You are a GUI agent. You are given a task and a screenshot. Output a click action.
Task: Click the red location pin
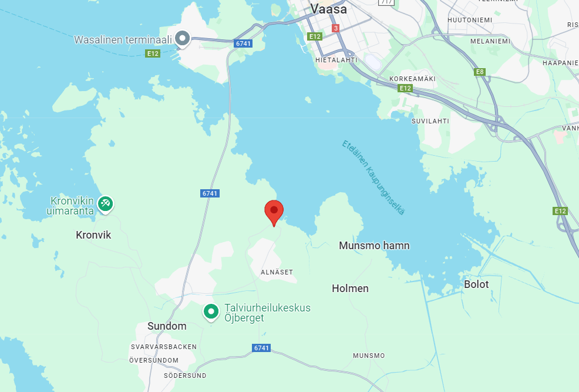tap(274, 211)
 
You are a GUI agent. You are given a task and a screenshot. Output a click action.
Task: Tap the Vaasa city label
tap(329, 9)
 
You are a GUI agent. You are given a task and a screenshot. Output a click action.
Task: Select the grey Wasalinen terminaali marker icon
tap(183, 39)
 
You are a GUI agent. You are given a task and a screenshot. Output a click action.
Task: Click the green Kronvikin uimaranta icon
tap(106, 203)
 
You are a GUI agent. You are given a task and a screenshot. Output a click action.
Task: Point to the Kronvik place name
tap(93, 235)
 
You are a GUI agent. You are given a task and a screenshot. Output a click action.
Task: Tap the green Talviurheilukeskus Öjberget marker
tap(211, 311)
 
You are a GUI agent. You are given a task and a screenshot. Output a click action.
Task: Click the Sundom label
tap(167, 326)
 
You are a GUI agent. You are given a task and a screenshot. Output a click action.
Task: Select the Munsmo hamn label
tap(374, 246)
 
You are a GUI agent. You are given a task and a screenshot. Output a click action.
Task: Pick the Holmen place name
tap(350, 289)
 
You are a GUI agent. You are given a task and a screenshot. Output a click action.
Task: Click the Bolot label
tap(476, 284)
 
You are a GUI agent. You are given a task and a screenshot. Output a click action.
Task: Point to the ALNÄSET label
tap(277, 272)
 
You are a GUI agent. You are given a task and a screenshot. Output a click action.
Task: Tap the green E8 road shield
tap(480, 72)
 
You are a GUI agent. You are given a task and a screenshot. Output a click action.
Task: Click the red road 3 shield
tap(335, 28)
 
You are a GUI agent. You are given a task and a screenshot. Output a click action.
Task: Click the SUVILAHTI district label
tap(430, 121)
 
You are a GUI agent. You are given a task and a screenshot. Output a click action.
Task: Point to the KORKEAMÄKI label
tap(412, 78)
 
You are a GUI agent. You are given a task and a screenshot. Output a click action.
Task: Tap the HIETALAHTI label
tap(336, 59)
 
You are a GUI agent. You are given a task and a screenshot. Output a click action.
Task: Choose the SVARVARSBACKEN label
tap(164, 347)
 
